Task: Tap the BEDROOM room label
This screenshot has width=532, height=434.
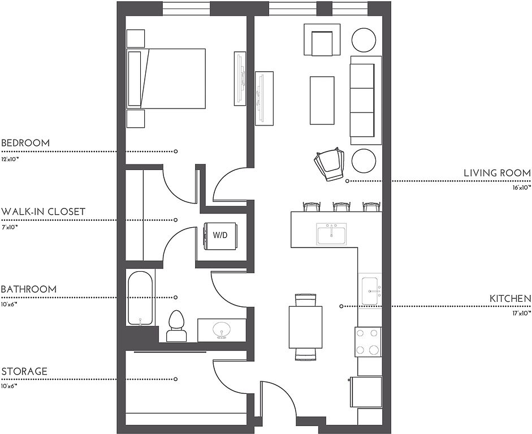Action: click(x=25, y=143)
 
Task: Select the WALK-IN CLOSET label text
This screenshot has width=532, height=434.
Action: click(x=43, y=212)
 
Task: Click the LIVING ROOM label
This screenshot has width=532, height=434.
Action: click(x=497, y=173)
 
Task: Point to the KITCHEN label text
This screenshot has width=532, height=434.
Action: click(x=510, y=299)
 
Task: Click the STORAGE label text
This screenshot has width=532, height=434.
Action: click(x=24, y=371)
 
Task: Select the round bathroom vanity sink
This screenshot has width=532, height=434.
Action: click(x=222, y=329)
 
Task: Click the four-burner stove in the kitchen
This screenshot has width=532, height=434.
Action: click(x=368, y=341)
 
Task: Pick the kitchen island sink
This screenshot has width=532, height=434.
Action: click(x=331, y=234)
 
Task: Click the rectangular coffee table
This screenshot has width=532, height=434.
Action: click(x=322, y=100)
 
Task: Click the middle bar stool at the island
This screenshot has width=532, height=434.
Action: click(x=341, y=206)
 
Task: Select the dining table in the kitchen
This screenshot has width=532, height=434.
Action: click(x=305, y=327)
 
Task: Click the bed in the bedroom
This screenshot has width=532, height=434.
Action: click(x=166, y=79)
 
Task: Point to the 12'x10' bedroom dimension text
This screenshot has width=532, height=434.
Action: click(x=10, y=159)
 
